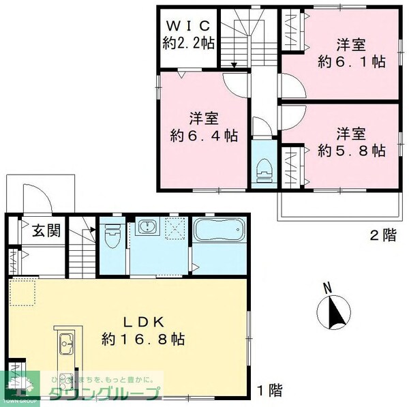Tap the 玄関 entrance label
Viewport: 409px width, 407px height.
click(x=46, y=230)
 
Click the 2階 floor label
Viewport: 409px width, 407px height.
click(x=382, y=237)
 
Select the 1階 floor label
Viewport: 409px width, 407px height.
click(x=269, y=391)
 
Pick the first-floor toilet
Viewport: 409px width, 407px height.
click(x=113, y=235)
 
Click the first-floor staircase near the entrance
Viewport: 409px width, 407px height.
click(x=81, y=249)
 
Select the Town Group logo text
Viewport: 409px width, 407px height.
click(x=102, y=393)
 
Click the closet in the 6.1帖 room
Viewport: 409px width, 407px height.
click(x=293, y=30)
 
